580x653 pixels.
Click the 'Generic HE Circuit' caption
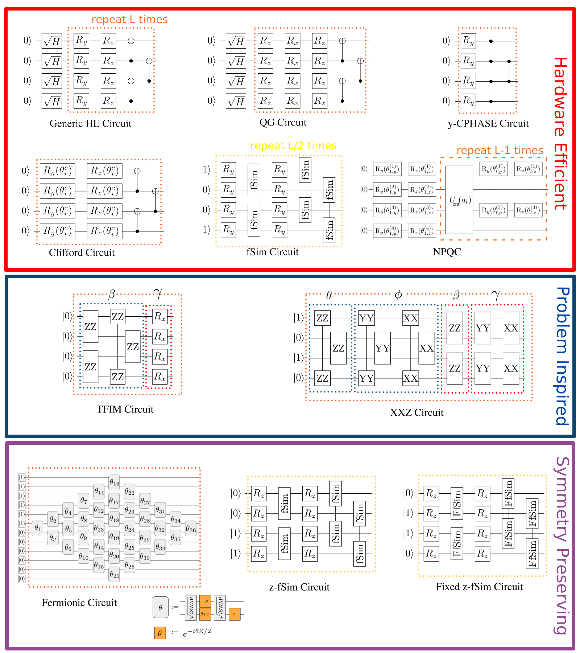[90, 124]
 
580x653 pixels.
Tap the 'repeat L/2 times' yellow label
[293, 146]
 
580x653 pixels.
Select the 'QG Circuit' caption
[283, 123]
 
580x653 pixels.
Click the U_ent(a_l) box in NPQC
[459, 200]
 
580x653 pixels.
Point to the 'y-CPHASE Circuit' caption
[488, 124]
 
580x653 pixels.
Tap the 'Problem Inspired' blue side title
[562, 356]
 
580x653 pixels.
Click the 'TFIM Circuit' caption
[125, 410]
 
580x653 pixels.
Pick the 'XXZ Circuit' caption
[417, 413]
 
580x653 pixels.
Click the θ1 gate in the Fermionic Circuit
[38, 528]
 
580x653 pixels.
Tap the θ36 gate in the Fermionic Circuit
[191, 529]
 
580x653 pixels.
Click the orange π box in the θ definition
[235, 614]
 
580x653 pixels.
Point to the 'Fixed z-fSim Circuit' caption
[479, 587]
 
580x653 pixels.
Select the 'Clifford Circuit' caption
[82, 253]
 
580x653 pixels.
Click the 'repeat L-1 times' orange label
[500, 151]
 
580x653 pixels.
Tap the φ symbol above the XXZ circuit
[398, 295]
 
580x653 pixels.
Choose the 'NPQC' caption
[447, 252]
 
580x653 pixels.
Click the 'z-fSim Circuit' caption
[299, 587]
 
